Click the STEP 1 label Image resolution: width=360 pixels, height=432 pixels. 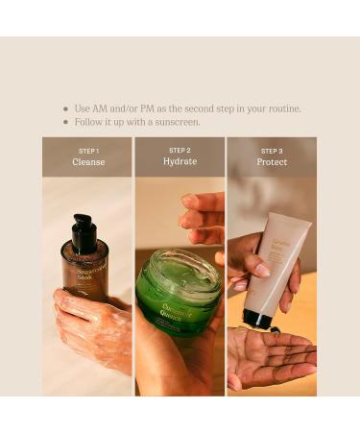[87, 151]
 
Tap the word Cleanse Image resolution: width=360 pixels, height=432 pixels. [87, 162]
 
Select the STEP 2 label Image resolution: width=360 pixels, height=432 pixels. [180, 151]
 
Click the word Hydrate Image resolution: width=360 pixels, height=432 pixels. [180, 162]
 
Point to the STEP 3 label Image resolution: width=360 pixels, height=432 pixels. [272, 151]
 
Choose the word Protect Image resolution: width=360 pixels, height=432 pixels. [272, 162]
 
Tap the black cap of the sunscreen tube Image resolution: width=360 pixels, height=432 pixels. [257, 319]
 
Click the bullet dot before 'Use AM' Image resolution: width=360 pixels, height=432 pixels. [65, 109]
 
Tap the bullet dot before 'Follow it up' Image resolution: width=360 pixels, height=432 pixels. [65, 123]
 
